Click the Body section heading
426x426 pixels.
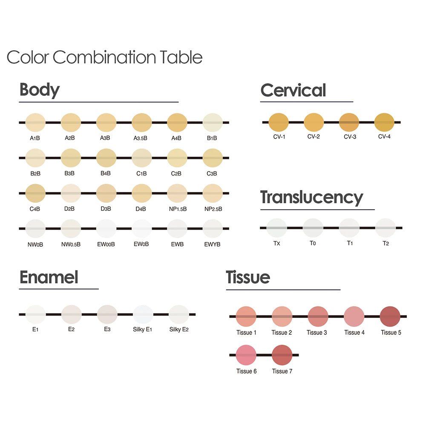(x=40, y=90)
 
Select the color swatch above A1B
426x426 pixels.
(x=35, y=122)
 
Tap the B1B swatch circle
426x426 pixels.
(x=212, y=122)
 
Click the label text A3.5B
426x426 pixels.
(x=141, y=138)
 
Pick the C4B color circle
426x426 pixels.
(x=35, y=193)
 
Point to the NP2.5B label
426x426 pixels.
(x=213, y=209)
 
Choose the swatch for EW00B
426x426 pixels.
(x=106, y=229)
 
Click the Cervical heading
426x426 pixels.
(x=293, y=90)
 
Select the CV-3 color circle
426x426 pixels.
(x=349, y=122)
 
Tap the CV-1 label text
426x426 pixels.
(x=279, y=137)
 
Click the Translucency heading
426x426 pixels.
(x=311, y=198)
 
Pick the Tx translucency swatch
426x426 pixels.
(x=276, y=228)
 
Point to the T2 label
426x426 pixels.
(x=386, y=244)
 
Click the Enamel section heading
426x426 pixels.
(x=49, y=277)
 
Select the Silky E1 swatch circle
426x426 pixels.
(x=143, y=314)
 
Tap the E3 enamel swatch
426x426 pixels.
(x=107, y=314)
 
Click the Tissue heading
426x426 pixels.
(x=248, y=277)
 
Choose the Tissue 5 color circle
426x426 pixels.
(x=390, y=317)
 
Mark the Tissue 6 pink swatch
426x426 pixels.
(x=246, y=355)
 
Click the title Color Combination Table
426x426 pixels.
(x=104, y=57)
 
